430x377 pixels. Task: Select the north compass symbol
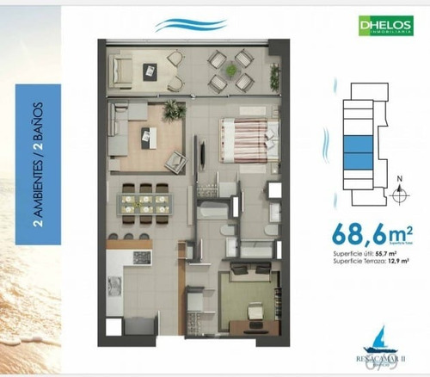coord(398,195)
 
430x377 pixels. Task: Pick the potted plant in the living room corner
coord(171,108)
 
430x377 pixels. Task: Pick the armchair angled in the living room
coord(178,160)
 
